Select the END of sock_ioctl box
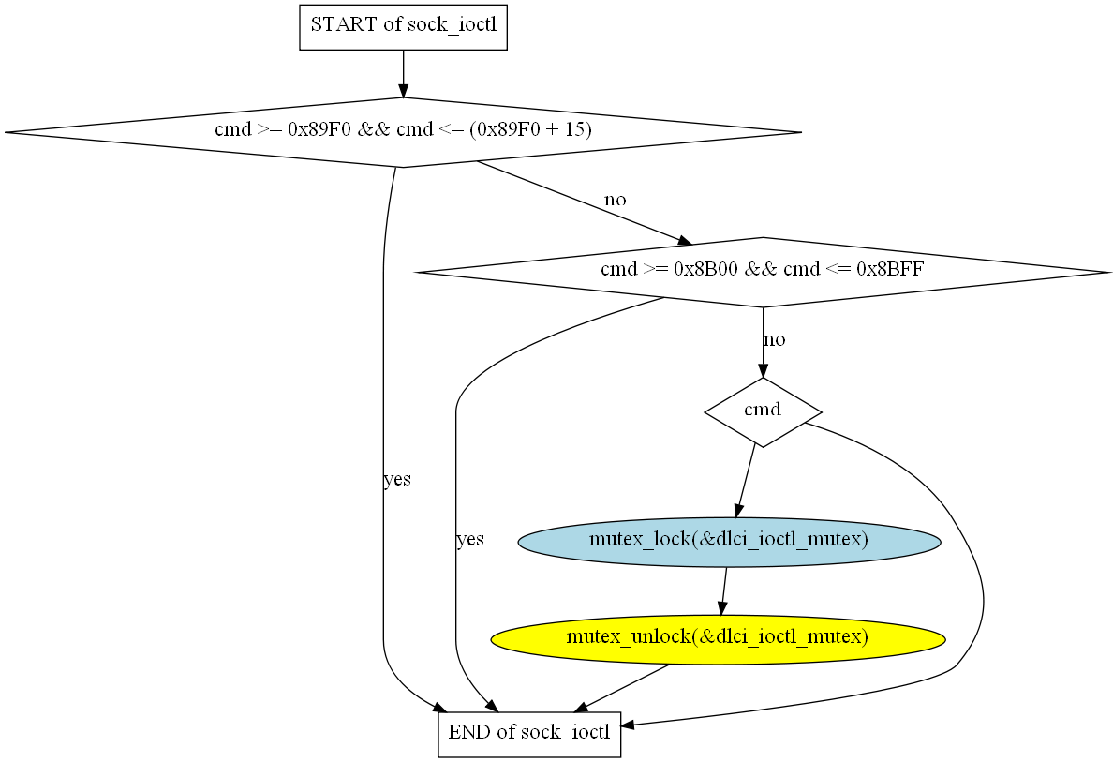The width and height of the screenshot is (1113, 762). pos(529,733)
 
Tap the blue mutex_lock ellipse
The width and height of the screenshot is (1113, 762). pos(729,541)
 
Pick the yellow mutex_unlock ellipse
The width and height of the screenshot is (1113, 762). pos(718,639)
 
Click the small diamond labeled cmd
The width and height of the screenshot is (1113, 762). pos(763,411)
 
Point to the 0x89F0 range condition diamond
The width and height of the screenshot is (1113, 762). pos(403,132)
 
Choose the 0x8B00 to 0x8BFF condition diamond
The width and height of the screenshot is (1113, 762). pos(763,272)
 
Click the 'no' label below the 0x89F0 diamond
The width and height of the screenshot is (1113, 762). pos(616,200)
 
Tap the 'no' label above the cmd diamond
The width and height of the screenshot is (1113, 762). pos(775,339)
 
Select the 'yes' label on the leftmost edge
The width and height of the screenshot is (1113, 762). pos(397,480)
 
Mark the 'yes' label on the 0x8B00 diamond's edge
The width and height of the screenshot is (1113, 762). pos(470,540)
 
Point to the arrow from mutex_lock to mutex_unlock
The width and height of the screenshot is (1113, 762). pos(724,590)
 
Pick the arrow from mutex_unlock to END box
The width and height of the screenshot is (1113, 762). pos(626,686)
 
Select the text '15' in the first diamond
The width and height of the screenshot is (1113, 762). pos(572,130)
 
